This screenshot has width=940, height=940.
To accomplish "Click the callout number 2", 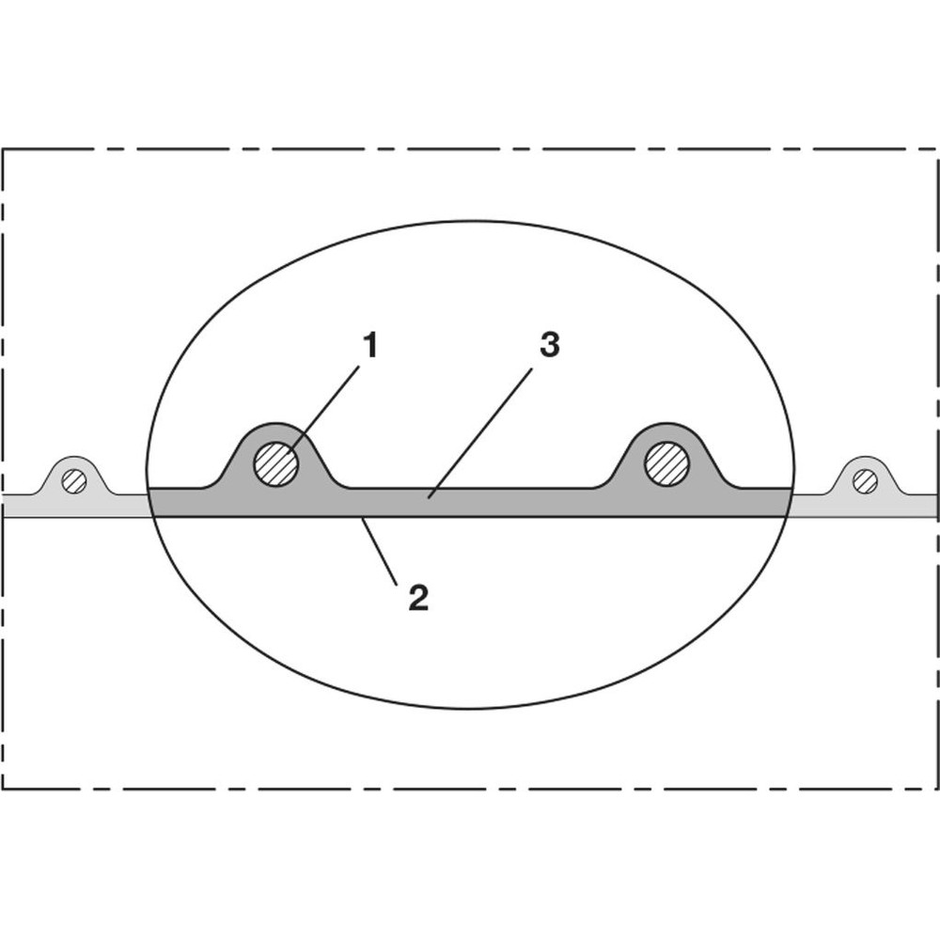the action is pyautogui.click(x=418, y=598).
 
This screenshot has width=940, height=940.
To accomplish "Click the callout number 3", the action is pyautogui.click(x=550, y=346).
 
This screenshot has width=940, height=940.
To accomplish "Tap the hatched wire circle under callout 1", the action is pyautogui.click(x=276, y=464).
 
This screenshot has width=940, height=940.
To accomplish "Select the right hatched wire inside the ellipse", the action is pyautogui.click(x=666, y=463).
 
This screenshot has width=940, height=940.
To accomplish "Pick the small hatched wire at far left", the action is pyautogui.click(x=74, y=480).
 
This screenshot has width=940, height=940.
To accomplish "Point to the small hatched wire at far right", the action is pyautogui.click(x=865, y=480).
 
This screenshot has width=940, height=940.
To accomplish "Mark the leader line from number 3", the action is pyautogui.click(x=480, y=432).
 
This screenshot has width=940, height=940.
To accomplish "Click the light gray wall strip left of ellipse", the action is pyautogui.click(x=75, y=506).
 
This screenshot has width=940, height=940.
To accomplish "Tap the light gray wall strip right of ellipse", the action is pyautogui.click(x=865, y=506).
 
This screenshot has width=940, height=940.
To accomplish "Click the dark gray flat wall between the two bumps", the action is pyautogui.click(x=471, y=502).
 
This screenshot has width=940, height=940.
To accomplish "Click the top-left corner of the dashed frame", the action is pyautogui.click(x=3, y=149).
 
